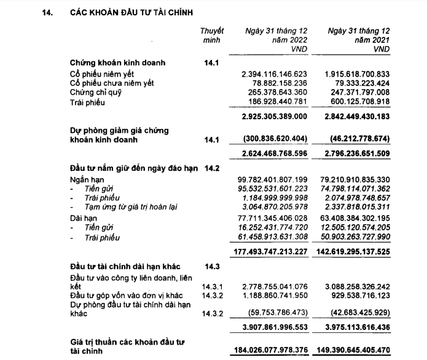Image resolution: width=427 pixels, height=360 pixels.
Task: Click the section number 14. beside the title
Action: [45, 12]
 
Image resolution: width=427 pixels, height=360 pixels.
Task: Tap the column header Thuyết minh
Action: [212, 34]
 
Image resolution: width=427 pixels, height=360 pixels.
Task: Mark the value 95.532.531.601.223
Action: [273, 187]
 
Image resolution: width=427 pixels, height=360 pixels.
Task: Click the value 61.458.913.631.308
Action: [273, 237]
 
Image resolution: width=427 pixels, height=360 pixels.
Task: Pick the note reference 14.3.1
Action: [212, 287]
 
